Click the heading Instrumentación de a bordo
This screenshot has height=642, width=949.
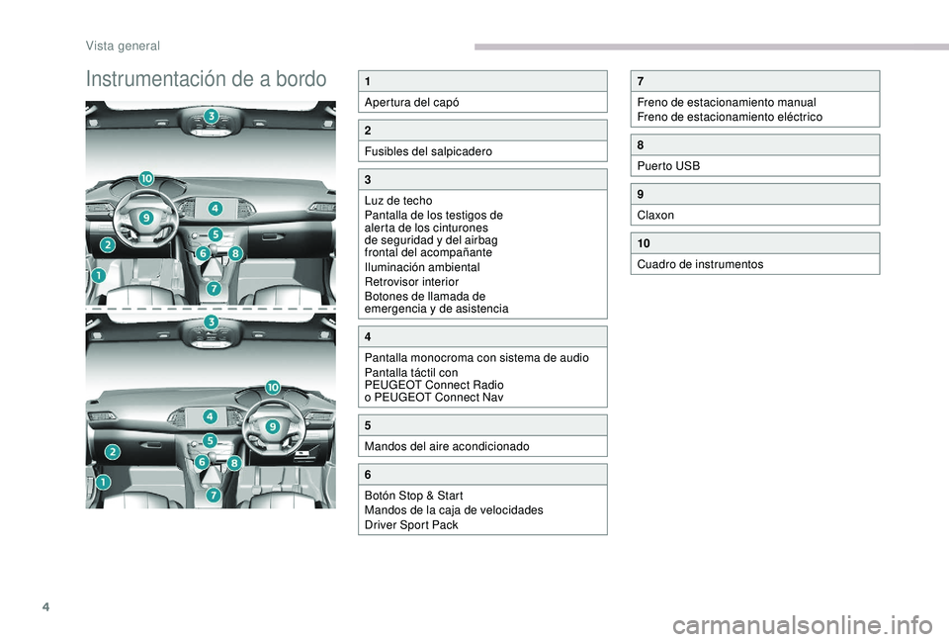[206, 79]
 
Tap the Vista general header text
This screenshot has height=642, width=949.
[123, 46]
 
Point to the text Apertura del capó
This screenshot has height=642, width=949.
[411, 102]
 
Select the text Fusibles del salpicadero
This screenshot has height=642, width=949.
[428, 151]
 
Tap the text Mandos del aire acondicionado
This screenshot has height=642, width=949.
[447, 446]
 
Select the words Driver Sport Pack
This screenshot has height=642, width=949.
[411, 524]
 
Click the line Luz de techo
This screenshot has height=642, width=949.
[398, 201]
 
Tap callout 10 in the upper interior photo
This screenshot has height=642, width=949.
[145, 178]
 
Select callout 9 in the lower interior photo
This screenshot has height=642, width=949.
[272, 425]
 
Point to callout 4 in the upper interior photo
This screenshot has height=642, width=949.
[215, 208]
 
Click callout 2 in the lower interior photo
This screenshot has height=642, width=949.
[114, 451]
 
